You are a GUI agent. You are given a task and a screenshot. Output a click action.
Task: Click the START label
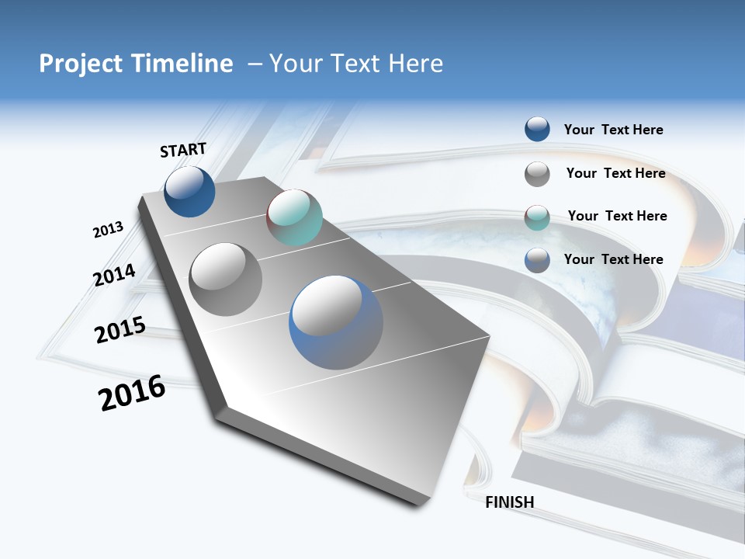tap(183, 150)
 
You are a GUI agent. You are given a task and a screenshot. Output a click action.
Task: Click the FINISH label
tap(509, 502)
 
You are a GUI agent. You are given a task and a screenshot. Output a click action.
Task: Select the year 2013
tap(108, 230)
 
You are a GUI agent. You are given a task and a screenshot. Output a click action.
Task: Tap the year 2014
tap(114, 275)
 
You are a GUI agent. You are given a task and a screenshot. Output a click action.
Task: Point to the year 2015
tap(120, 330)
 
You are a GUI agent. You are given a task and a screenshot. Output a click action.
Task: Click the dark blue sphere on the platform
tap(189, 192)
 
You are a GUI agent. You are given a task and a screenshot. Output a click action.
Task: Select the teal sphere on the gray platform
tap(294, 217)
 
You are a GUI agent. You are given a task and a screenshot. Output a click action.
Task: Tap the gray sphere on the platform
tap(226, 279)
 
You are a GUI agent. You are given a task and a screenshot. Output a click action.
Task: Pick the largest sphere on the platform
tap(336, 322)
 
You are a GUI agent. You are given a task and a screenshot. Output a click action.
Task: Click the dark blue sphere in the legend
tap(537, 129)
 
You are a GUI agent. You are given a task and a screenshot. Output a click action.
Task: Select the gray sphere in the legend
tap(537, 174)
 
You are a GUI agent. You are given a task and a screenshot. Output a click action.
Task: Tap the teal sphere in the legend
tap(537, 217)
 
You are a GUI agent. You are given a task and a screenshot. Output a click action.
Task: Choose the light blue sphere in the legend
tap(537, 260)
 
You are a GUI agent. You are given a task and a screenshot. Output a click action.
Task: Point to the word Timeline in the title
tap(184, 64)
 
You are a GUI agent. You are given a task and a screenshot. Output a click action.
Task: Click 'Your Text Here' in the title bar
tap(355, 64)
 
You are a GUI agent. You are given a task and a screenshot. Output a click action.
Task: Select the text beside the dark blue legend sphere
tap(613, 130)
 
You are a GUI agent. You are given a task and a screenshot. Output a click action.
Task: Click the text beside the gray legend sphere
tap(615, 173)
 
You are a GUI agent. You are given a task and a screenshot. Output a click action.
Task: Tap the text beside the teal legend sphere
tap(617, 216)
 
